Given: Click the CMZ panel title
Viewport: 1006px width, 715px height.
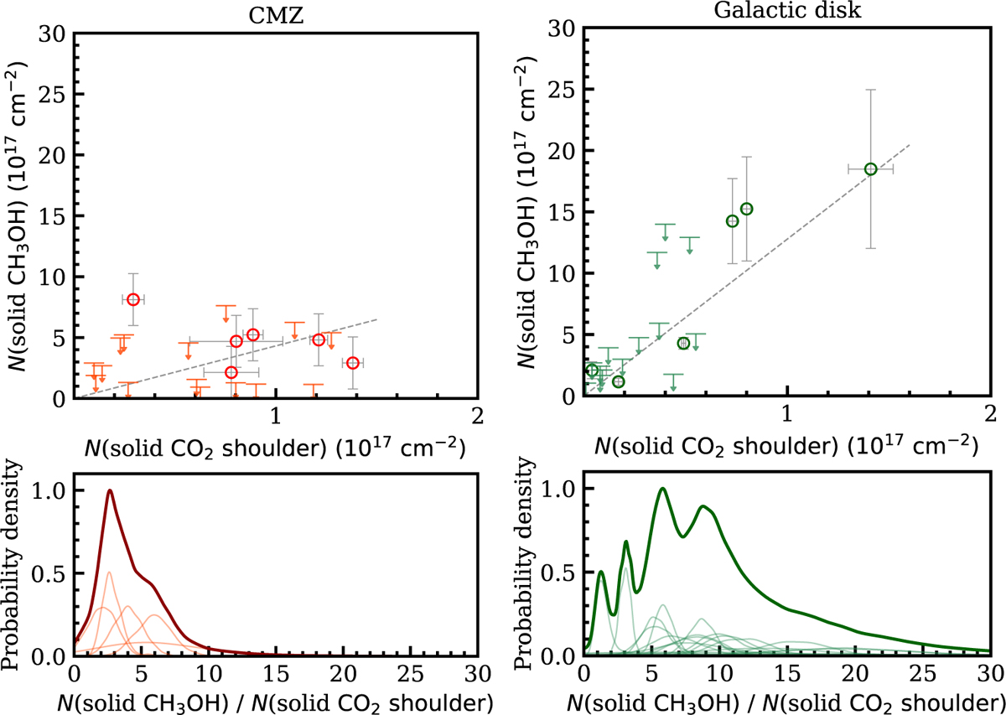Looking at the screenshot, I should coord(275,13).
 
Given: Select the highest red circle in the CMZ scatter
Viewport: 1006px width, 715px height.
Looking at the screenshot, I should coord(133,299).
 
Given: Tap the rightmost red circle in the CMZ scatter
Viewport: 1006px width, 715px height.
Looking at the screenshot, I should coord(353,363).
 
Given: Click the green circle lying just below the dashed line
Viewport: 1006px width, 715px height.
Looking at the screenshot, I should coord(683,343).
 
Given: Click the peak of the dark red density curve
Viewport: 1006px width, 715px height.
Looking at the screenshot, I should coord(109,491).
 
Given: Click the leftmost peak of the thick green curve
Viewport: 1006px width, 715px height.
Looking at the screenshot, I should coord(600,572).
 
